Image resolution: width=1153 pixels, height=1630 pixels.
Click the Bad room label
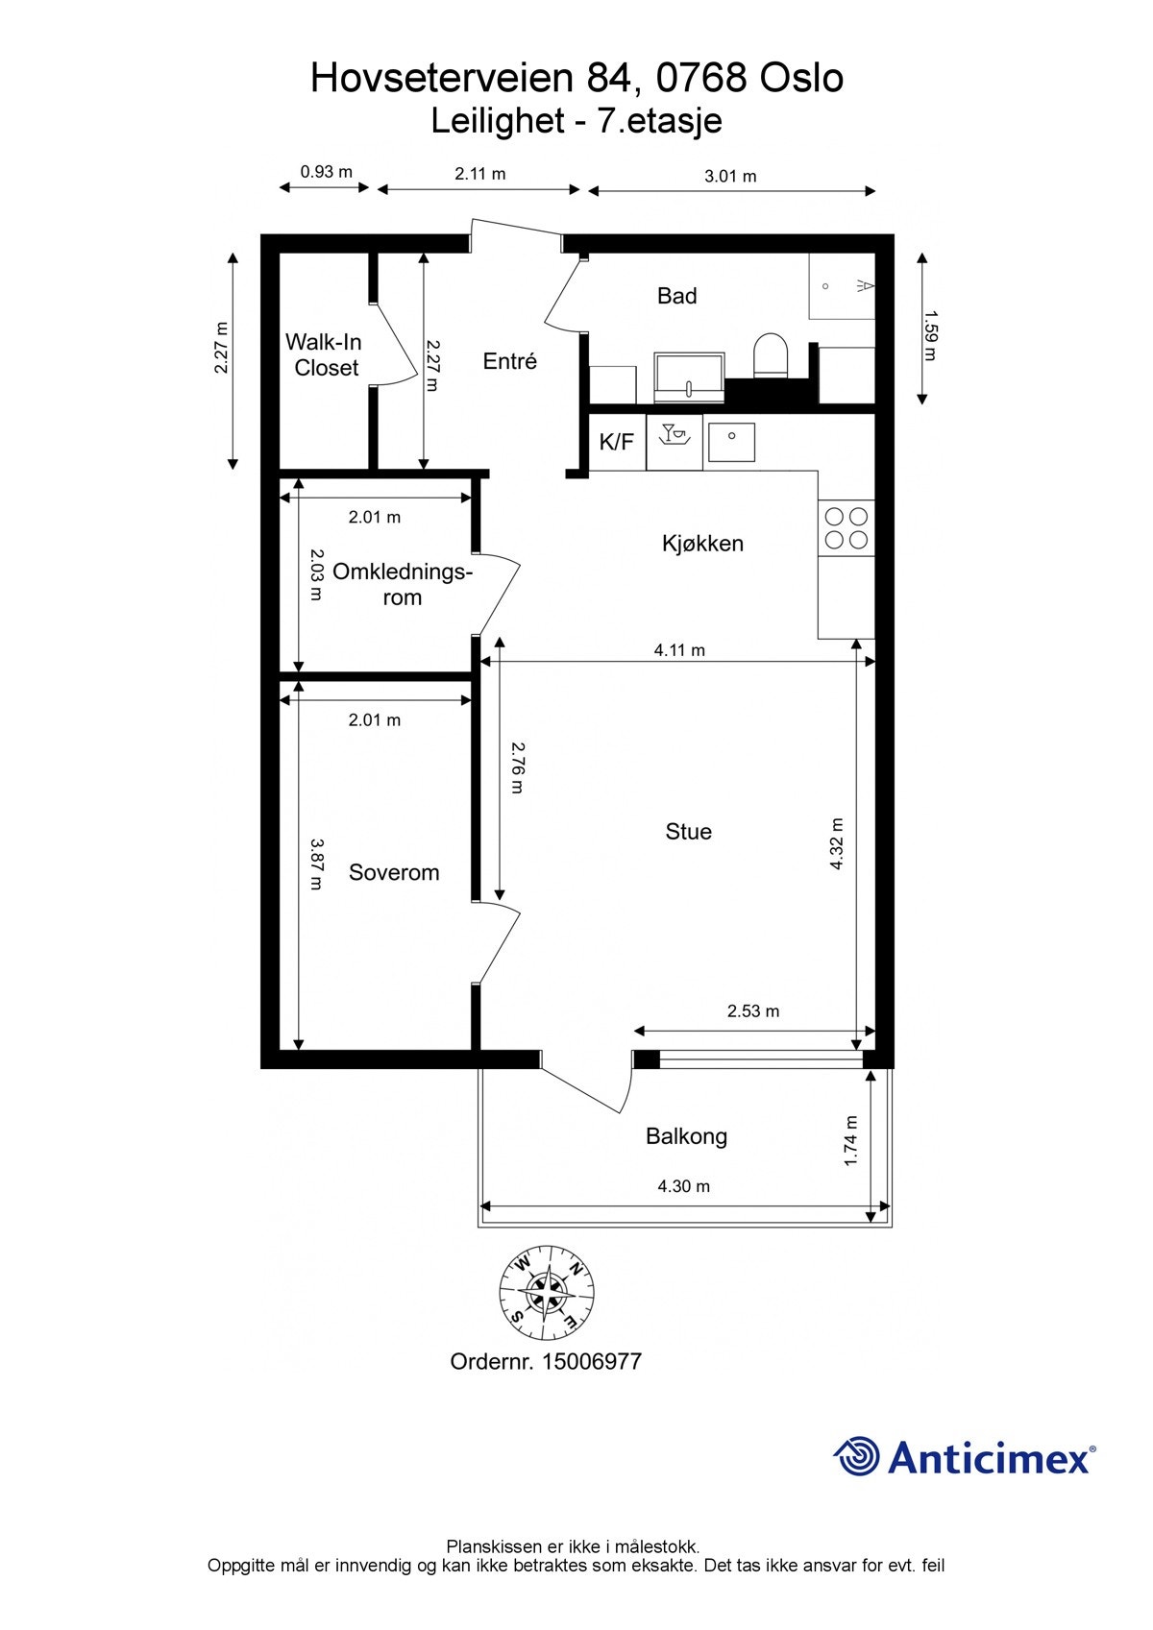pyautogui.click(x=676, y=296)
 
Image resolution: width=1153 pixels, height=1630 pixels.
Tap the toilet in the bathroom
pyautogui.click(x=770, y=354)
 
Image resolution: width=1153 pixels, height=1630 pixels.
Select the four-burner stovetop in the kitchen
pyautogui.click(x=846, y=527)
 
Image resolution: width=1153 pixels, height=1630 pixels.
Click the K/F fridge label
pyautogui.click(x=616, y=442)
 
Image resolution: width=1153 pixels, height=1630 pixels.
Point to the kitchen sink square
pyautogui.click(x=731, y=442)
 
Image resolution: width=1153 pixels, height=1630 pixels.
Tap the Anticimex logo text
pyautogui.click(x=990, y=1458)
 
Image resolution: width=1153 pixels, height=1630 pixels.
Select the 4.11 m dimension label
pyautogui.click(x=679, y=650)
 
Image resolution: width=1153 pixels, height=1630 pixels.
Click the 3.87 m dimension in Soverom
pyautogui.click(x=315, y=864)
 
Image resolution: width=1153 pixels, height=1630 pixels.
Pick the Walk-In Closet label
pyautogui.click(x=326, y=354)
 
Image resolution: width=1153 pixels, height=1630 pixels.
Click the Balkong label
pyautogui.click(x=686, y=1136)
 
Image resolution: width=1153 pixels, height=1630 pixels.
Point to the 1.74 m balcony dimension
pyautogui.click(x=850, y=1140)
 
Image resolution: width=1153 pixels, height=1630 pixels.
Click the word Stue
pyautogui.click(x=688, y=832)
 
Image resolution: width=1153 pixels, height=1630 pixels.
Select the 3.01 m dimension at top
pyautogui.click(x=730, y=176)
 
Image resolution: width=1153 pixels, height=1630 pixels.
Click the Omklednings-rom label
pyautogui.click(x=402, y=584)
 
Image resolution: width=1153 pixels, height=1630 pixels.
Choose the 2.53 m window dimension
pyautogui.click(x=752, y=1010)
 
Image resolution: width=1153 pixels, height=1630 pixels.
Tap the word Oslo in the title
pyautogui.click(x=801, y=78)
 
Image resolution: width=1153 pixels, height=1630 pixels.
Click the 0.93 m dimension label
pyautogui.click(x=326, y=172)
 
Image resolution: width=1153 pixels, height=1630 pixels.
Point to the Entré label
pyautogui.click(x=509, y=361)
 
